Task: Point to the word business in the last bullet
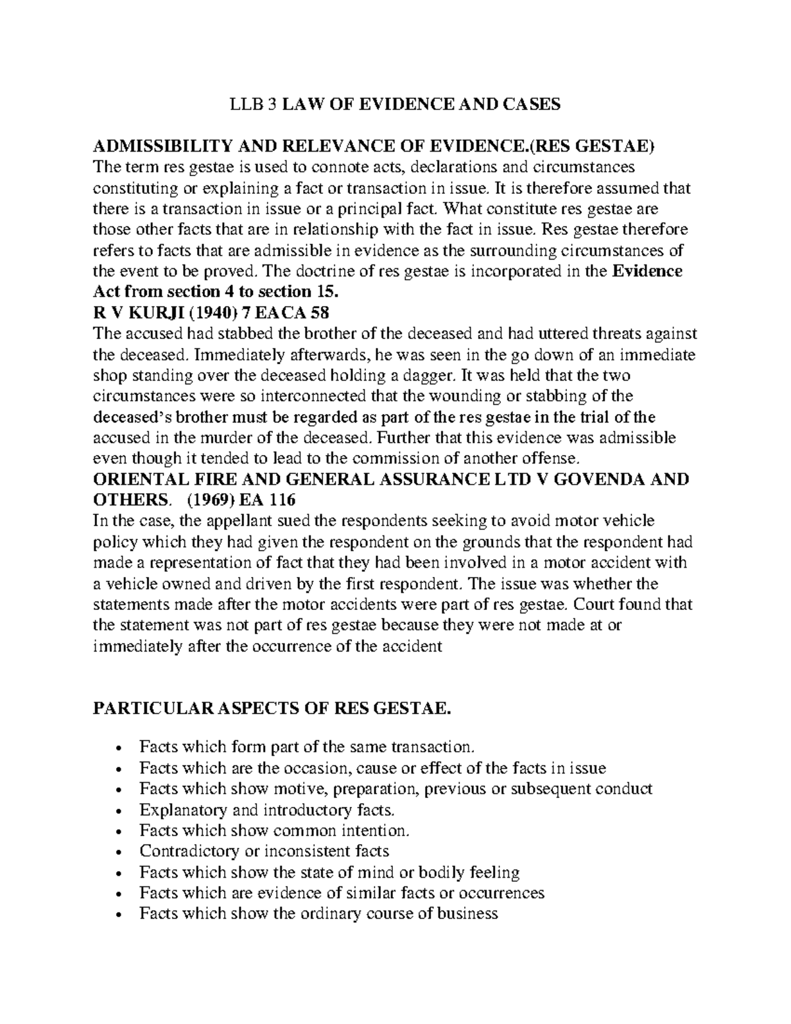465,914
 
